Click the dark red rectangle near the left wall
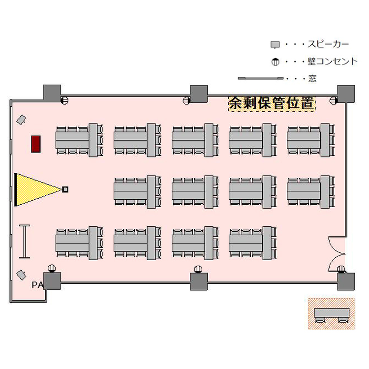coord(36,144)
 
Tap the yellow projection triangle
coord(35,190)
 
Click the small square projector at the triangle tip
coord(65,189)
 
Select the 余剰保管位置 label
coord(272,103)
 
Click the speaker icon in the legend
coord(275,45)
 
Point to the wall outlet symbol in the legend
coord(276,62)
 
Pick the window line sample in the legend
coord(261,78)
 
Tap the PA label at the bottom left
coord(38,285)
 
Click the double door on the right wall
coord(337,254)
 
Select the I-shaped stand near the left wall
coord(25,242)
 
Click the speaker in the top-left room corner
coord(21,120)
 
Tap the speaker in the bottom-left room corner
coord(21,275)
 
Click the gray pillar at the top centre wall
coord(199,94)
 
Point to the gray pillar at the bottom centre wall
coord(199,281)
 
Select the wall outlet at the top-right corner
coord(333,100)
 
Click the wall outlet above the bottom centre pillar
coord(198,270)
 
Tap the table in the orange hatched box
coord(332,315)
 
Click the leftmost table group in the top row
coord(79,140)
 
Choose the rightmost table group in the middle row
coord(311,192)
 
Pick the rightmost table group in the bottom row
coord(253,244)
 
